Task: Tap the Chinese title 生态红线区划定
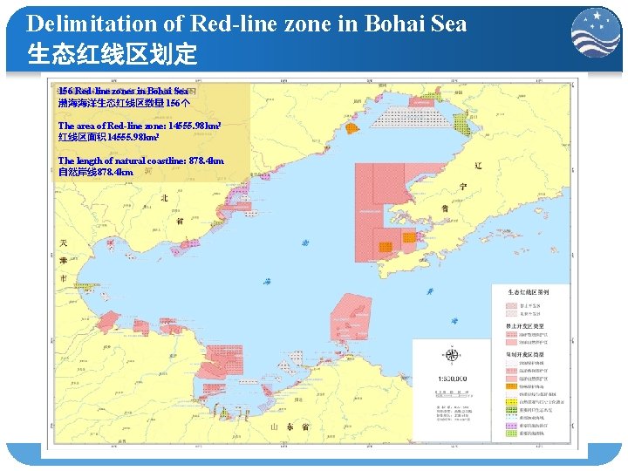tap(113, 55)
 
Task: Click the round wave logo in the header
tap(596, 35)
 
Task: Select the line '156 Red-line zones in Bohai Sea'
tap(123, 91)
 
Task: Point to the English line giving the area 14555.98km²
tap(139, 126)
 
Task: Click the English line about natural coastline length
tap(140, 160)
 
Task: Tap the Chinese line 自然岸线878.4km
tap(96, 173)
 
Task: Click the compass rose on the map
tap(452, 355)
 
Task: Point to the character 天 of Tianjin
tap(62, 242)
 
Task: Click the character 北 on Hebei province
tap(163, 199)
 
